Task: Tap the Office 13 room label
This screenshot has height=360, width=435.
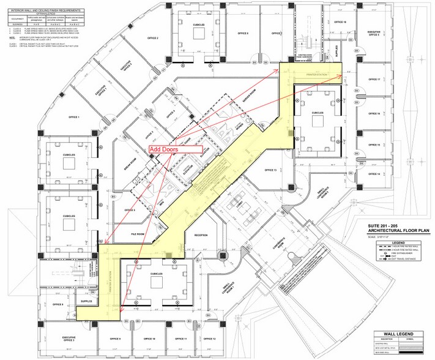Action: pyautogui.click(x=270, y=170)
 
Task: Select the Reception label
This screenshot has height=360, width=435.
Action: pyautogui.click(x=202, y=234)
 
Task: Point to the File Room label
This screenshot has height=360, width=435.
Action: pyautogui.click(x=136, y=233)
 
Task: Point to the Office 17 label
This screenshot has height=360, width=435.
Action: pyautogui.click(x=374, y=80)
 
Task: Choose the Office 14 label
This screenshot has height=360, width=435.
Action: pyautogui.click(x=374, y=174)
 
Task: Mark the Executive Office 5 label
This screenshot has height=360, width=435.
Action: pyautogui.click(x=374, y=33)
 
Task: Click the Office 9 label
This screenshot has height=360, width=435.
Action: pyautogui.click(x=116, y=339)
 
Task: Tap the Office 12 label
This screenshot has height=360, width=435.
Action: pyautogui.click(x=209, y=339)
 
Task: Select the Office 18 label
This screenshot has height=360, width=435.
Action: pyautogui.click(x=341, y=22)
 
